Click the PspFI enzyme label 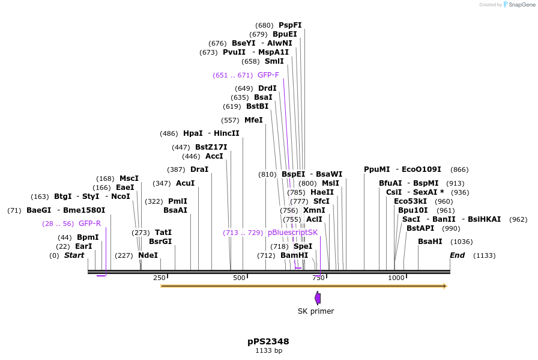pos(290,25)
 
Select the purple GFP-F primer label pos(268,75)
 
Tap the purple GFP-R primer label pos(89,224)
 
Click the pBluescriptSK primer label pos(292,233)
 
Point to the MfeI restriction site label pos(253,120)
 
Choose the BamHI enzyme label pos(294,255)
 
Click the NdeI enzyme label pos(148,255)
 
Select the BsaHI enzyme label pos(430,242)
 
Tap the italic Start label pos(74,255)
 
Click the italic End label pos(458,255)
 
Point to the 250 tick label pos(159,278)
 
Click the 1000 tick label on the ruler pos(396,278)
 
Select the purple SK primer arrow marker pos(318,297)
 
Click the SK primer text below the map pos(316,311)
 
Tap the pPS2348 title pos(268,341)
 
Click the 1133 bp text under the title pos(268,350)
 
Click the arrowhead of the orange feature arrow pos(445,286)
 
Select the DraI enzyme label pos(199,169)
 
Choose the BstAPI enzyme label pos(420,228)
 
